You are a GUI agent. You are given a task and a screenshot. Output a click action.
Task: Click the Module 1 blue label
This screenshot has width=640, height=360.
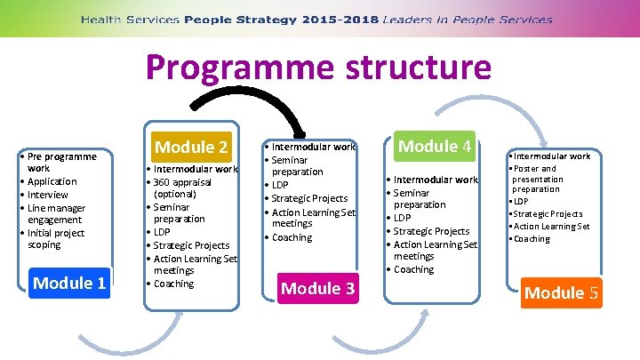click(69, 283)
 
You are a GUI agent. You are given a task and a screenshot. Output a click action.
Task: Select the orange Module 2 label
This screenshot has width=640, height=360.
click(192, 147)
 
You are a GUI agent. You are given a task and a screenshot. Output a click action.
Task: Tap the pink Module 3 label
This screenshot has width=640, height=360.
click(317, 287)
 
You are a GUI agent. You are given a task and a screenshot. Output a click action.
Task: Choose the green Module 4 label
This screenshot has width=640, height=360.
click(433, 146)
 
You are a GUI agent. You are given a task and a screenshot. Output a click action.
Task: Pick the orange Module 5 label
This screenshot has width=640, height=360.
click(562, 292)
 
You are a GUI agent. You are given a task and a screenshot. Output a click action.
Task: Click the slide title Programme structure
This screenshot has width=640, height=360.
click(319, 68)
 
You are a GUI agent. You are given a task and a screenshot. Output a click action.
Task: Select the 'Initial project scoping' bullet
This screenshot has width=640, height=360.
click(57, 238)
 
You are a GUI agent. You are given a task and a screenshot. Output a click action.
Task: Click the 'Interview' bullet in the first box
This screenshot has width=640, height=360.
click(48, 195)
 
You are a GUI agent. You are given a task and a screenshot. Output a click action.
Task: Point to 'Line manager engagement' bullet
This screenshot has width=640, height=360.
click(59, 213)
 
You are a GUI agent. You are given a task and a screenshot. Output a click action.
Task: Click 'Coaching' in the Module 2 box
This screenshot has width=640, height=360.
click(173, 284)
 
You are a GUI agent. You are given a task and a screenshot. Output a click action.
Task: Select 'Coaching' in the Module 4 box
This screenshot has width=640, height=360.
click(414, 269)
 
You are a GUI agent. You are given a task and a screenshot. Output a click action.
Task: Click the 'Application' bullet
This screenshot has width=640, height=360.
click(52, 181)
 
